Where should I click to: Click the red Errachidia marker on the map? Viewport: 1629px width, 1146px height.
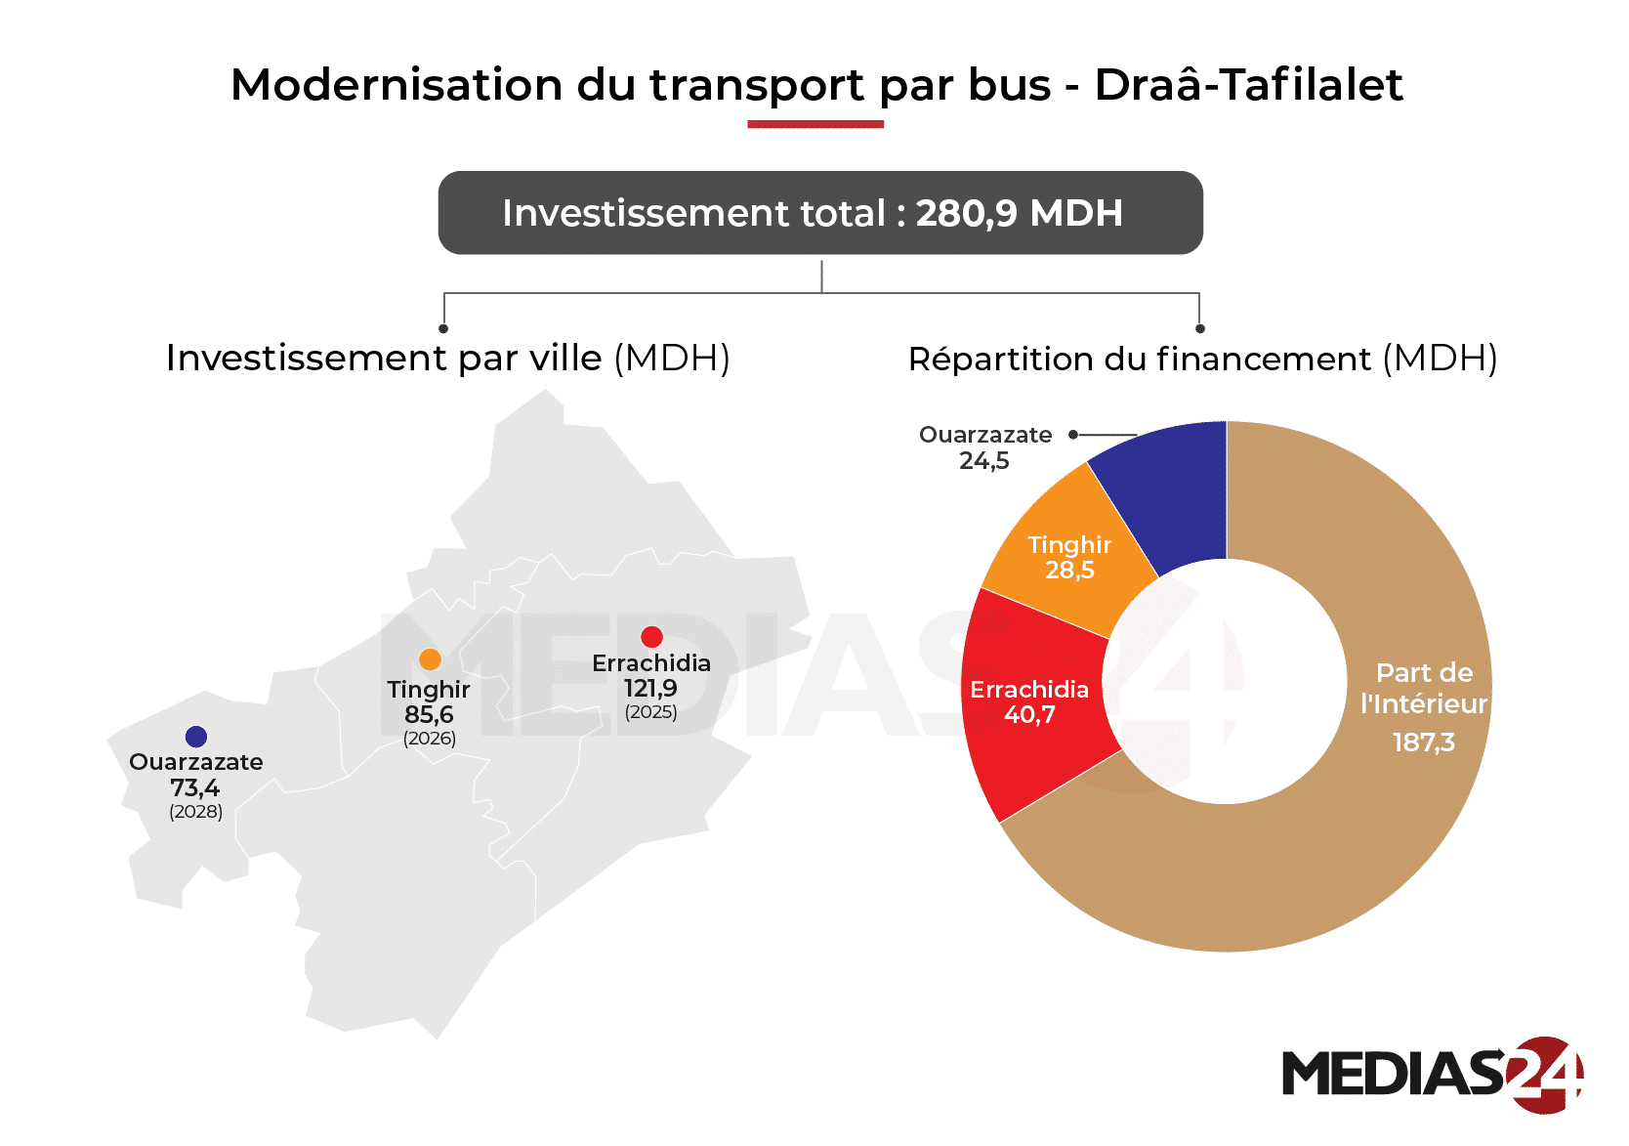[651, 637]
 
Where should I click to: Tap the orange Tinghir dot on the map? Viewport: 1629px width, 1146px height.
[430, 659]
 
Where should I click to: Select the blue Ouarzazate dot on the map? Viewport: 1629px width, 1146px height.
[196, 737]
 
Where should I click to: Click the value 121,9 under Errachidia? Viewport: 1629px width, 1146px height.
[650, 689]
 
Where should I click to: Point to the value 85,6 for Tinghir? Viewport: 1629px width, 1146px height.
[429, 715]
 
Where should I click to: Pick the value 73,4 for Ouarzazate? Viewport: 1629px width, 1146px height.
[195, 787]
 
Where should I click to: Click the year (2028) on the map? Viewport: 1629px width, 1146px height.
[196, 812]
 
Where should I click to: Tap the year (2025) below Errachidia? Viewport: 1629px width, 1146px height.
[651, 712]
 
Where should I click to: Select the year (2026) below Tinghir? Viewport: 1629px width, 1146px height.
[430, 739]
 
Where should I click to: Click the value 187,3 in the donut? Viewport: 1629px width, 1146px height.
[1424, 743]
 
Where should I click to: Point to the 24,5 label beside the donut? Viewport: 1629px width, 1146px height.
[984, 461]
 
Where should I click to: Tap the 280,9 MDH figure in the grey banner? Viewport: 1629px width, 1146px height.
[1019, 213]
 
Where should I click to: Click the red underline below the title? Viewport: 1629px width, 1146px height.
[815, 124]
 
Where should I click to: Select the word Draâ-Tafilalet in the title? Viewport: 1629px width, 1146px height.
[1248, 85]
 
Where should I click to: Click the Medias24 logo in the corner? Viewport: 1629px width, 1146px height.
[1432, 1074]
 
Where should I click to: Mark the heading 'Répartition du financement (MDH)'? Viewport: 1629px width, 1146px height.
[1202, 360]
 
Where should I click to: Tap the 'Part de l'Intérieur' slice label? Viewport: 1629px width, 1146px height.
[1424, 688]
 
